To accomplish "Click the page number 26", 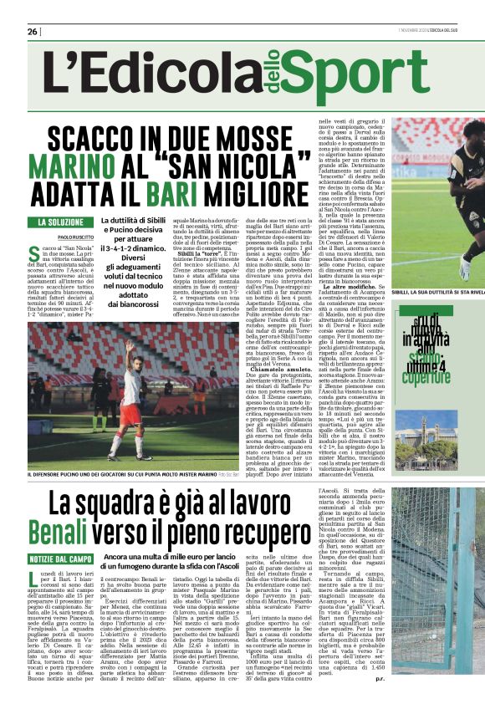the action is [33, 32].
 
